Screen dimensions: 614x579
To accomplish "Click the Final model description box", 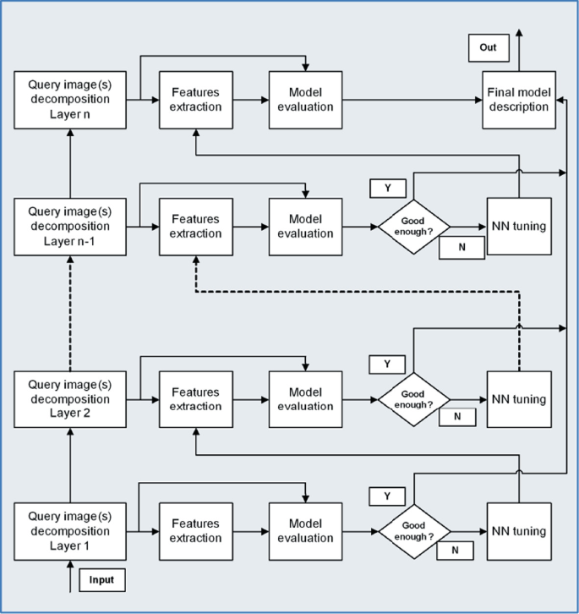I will [x=517, y=101].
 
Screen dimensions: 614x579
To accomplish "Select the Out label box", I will [x=488, y=48].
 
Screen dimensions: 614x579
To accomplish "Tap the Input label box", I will [x=101, y=580].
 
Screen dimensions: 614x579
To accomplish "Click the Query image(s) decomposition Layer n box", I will [x=69, y=101].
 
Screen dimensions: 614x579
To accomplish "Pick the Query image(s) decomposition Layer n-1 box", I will [x=69, y=227].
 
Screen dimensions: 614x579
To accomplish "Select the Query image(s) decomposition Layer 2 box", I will [x=69, y=399].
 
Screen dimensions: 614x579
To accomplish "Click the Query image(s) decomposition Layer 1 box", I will [x=69, y=531].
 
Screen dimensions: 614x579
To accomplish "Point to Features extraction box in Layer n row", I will [x=196, y=101].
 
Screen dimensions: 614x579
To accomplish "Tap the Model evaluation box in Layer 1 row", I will [x=305, y=531].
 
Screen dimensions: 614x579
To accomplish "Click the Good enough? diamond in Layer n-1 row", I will [x=412, y=228].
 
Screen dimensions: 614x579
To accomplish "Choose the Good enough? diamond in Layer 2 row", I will [x=412, y=399].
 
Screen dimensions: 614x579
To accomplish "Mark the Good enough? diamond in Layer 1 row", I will [x=412, y=531].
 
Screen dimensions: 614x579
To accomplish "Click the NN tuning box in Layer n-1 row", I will [x=519, y=228].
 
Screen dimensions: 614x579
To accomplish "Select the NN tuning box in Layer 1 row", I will [x=519, y=531].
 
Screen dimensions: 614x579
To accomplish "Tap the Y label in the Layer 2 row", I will [x=388, y=364].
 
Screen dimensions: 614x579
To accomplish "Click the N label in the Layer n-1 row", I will [x=462, y=247].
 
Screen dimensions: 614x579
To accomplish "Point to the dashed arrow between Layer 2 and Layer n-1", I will [x=70, y=313].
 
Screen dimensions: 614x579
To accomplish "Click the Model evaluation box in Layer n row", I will [x=305, y=101].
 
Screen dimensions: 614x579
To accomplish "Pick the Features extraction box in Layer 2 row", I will [x=196, y=399].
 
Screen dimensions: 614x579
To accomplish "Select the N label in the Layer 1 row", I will [x=456, y=550].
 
